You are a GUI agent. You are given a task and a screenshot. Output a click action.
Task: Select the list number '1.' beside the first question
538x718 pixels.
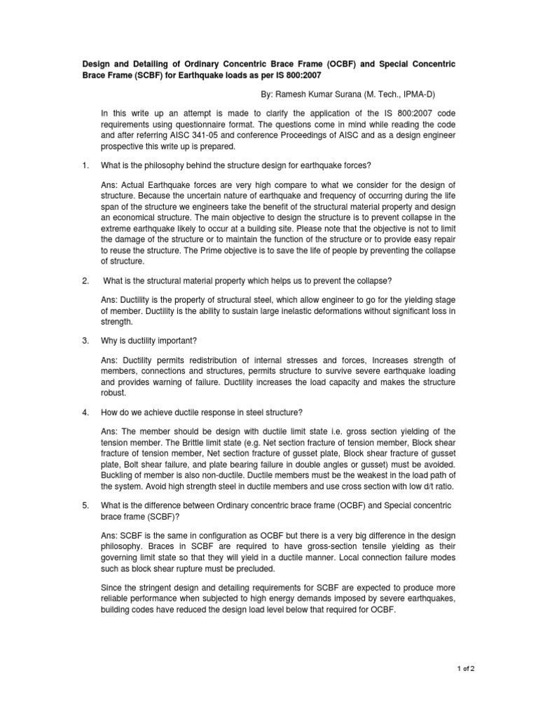tap(85, 165)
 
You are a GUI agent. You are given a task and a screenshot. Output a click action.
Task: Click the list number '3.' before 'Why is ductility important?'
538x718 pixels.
tap(85, 341)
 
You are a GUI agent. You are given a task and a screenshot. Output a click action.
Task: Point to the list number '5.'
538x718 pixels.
tap(85, 505)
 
